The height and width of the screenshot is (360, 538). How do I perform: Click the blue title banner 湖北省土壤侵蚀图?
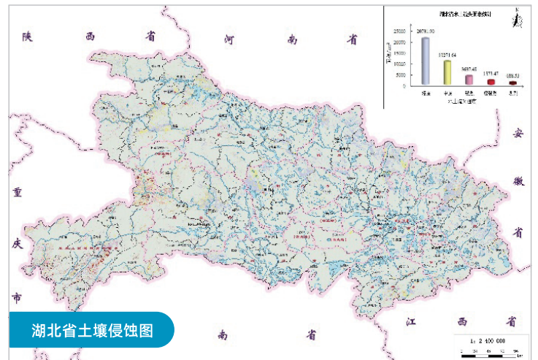tap(91, 329)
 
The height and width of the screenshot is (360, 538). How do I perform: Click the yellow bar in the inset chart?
tap(447, 72)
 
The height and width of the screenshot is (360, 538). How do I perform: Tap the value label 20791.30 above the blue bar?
tap(426, 31)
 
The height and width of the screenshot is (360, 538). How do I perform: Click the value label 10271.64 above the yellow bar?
tap(447, 55)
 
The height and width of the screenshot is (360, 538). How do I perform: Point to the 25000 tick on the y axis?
tap(398, 31)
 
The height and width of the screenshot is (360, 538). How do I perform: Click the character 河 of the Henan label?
tap(230, 37)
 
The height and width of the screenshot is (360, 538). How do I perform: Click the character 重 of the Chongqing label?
tap(18, 193)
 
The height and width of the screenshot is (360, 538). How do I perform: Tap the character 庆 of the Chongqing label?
tap(18, 245)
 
